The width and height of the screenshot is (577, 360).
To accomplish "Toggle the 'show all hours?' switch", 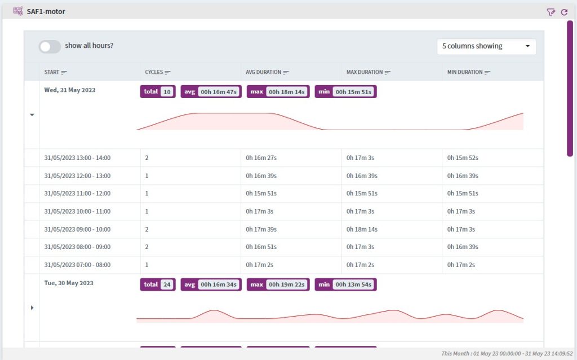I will click(50, 47).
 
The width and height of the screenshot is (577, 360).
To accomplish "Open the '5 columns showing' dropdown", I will click(486, 46).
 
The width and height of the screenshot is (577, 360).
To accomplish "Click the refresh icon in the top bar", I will click(564, 11).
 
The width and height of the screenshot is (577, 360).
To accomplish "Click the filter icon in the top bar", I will click(551, 11).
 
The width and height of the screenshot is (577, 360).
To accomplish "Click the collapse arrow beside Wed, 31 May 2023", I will click(32, 115).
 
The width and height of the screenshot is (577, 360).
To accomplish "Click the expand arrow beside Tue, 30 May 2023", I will click(32, 308).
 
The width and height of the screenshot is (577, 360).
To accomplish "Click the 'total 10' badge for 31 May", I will click(158, 91).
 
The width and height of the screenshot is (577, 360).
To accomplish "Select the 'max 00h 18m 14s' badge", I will click(278, 91).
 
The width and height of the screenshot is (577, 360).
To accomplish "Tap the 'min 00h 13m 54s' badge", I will click(345, 285).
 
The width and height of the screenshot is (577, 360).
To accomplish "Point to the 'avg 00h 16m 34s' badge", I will click(211, 285).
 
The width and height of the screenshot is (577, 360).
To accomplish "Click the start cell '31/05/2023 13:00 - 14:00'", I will click(77, 158).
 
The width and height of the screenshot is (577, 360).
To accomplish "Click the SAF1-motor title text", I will click(46, 11).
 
